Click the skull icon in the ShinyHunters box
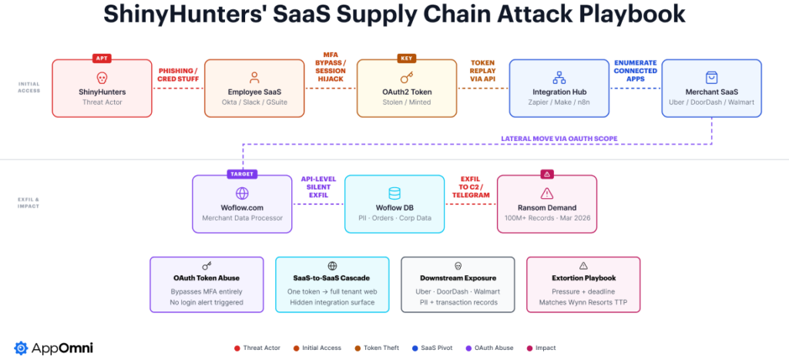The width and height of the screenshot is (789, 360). [102, 78]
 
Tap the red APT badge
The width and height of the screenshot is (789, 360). [102, 58]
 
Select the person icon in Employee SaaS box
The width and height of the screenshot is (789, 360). [254, 78]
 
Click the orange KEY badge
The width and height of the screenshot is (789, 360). [406, 58]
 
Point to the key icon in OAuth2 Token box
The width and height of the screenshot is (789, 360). [406, 78]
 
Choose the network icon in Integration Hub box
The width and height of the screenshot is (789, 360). [559, 78]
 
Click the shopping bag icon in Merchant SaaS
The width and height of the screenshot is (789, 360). [712, 78]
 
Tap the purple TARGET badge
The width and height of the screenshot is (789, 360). [242, 174]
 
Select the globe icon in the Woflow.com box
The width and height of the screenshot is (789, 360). [242, 193]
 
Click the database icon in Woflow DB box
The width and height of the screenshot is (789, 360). [394, 193]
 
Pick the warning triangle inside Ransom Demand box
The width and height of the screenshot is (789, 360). [547, 193]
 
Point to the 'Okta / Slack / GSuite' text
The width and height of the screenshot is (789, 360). [254, 103]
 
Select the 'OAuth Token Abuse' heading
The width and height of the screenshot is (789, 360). [207, 278]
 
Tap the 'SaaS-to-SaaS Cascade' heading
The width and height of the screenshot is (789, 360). [332, 278]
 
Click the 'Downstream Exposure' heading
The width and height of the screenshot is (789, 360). [458, 278]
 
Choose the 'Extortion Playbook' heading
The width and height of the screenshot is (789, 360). [583, 278]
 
